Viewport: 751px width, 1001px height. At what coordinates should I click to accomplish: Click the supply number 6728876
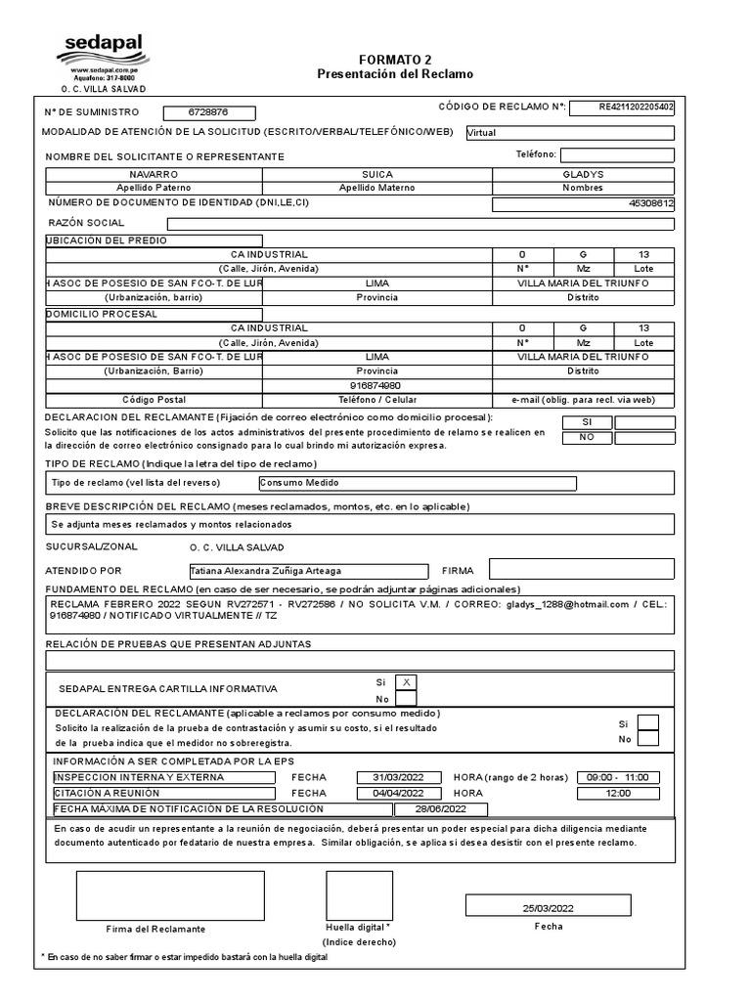click(x=208, y=113)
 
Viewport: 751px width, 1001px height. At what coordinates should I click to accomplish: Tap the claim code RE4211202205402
click(x=622, y=108)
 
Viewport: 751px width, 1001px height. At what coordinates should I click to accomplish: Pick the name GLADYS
click(x=583, y=173)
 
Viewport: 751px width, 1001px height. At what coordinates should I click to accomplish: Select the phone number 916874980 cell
click(x=376, y=385)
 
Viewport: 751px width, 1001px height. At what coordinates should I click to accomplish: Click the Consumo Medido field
click(x=417, y=483)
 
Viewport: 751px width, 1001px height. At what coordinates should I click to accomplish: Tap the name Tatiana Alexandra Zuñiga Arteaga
click(x=308, y=571)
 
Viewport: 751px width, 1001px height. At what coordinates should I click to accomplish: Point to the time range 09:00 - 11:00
click(x=617, y=777)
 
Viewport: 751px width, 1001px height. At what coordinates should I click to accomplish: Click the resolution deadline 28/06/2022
click(x=441, y=809)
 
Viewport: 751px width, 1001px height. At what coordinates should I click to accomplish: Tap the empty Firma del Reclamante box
click(x=170, y=894)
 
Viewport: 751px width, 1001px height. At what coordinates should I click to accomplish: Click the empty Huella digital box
click(x=359, y=894)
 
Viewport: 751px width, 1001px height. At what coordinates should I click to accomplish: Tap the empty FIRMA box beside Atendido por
click(x=581, y=570)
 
